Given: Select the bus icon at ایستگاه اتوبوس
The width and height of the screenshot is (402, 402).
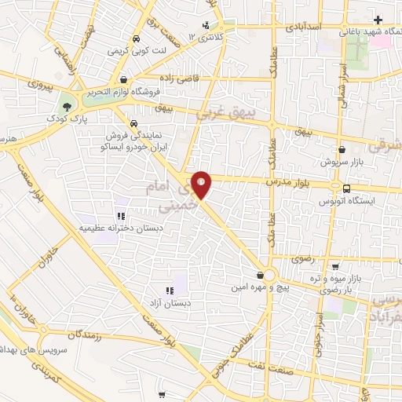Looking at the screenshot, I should coord(346,188).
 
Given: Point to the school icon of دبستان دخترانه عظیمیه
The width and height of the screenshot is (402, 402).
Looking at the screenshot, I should coord(120,216).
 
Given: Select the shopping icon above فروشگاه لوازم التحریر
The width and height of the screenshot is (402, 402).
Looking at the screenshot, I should coord(125,79).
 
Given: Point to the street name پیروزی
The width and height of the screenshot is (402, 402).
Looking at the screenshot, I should coord(38,82).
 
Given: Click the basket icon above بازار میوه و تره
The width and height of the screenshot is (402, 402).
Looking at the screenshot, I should coord(335,266).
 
